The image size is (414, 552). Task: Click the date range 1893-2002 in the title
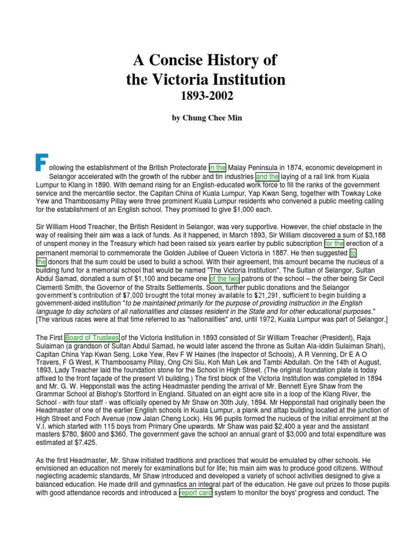(207, 97)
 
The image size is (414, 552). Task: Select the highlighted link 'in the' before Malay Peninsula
(218, 168)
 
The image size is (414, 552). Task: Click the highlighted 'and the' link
(267, 176)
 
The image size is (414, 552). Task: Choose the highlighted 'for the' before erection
(334, 244)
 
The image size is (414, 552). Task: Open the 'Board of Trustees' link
(92, 338)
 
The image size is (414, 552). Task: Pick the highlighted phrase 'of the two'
(224, 279)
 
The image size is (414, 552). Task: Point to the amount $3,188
(369, 236)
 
